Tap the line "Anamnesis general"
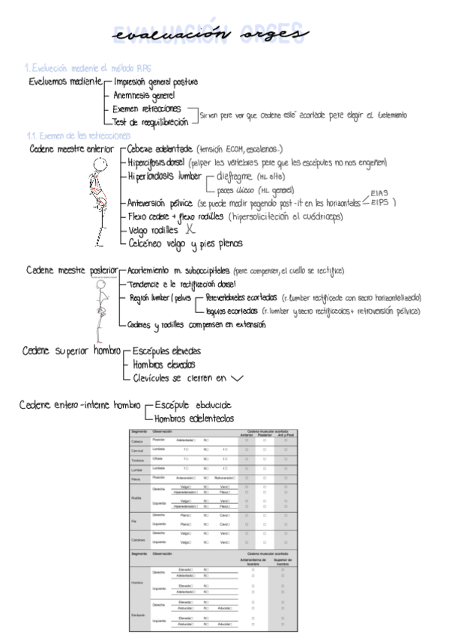tap(144, 95)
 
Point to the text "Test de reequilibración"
tap(150, 121)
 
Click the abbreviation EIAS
tap(380, 192)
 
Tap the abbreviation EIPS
tap(381, 202)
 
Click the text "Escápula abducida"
tap(193, 404)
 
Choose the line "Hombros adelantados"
tap(193, 418)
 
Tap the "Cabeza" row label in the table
tap(138, 440)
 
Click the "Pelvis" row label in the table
tap(136, 477)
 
